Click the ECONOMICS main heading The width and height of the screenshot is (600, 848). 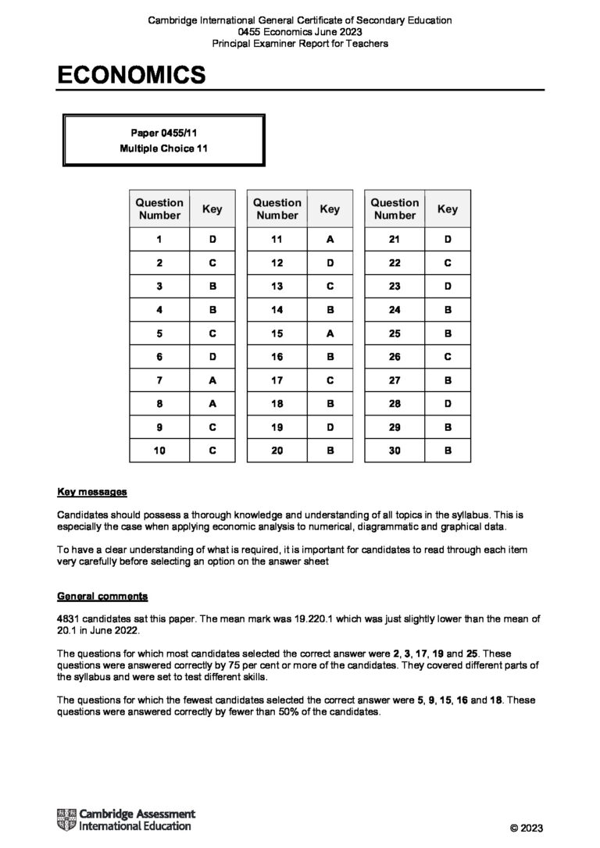pyautogui.click(x=131, y=75)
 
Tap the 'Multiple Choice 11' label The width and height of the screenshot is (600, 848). pyautogui.click(x=164, y=148)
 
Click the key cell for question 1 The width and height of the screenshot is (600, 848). pyautogui.click(x=212, y=241)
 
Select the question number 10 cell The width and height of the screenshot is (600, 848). pyautogui.click(x=159, y=451)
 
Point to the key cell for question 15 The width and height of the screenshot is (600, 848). pyautogui.click(x=330, y=333)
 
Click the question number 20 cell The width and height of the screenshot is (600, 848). pyautogui.click(x=277, y=451)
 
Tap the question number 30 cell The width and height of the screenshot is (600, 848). pyautogui.click(x=395, y=451)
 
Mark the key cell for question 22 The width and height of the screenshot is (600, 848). pyautogui.click(x=448, y=263)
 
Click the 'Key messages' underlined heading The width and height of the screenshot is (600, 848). pyautogui.click(x=92, y=493)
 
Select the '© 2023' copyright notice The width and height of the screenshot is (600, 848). pyautogui.click(x=526, y=828)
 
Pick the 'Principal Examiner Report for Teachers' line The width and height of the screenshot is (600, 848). pyautogui.click(x=300, y=43)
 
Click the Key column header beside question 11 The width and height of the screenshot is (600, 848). pyautogui.click(x=330, y=208)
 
